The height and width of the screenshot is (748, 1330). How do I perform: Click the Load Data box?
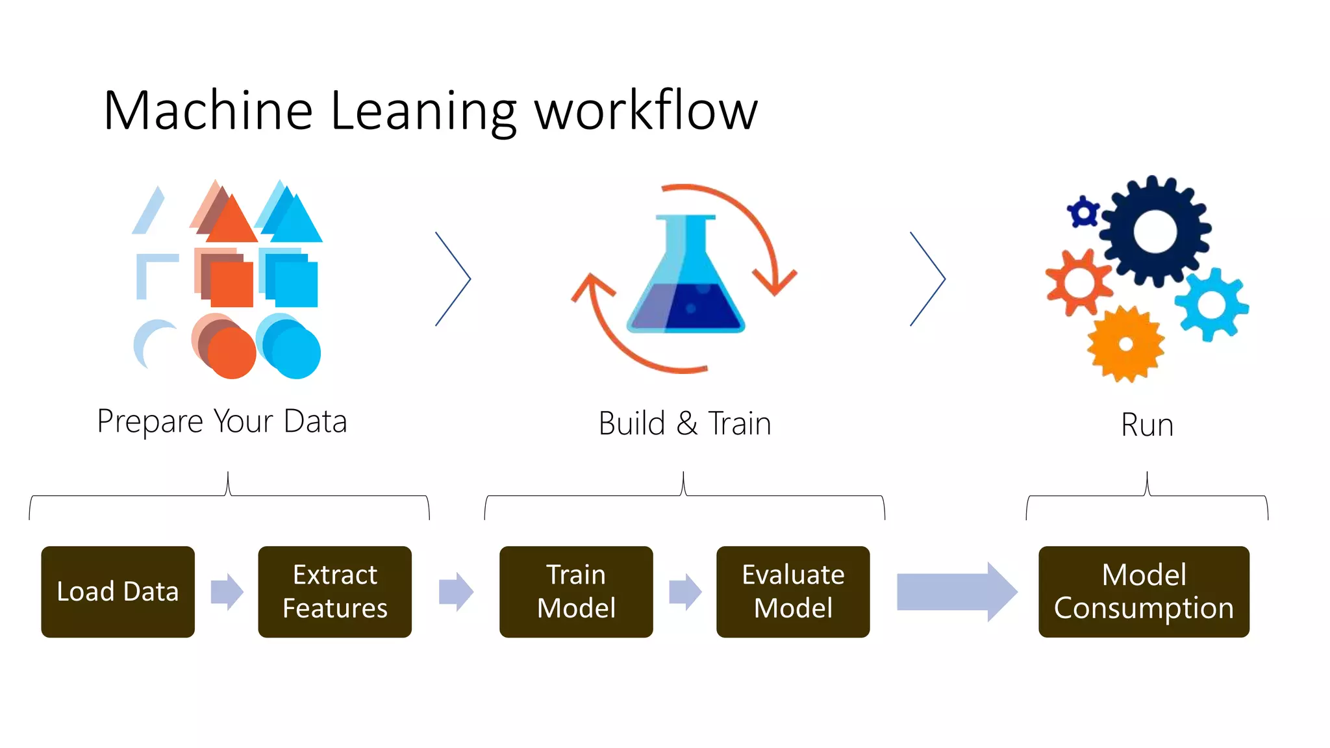pyautogui.click(x=118, y=592)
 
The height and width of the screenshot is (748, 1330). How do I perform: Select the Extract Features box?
pyautogui.click(x=334, y=592)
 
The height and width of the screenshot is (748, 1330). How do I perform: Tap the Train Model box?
pyautogui.click(x=576, y=592)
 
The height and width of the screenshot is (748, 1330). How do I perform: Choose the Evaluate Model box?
pyautogui.click(x=793, y=592)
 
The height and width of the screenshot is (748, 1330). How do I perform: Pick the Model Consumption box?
pyautogui.click(x=1144, y=592)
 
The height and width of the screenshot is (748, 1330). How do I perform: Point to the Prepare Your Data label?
pyautogui.click(x=222, y=421)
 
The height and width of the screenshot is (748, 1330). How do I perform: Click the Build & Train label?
pyautogui.click(x=684, y=424)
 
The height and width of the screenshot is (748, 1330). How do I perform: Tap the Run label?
pyautogui.click(x=1147, y=425)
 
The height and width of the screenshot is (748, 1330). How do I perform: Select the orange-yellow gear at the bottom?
pyautogui.click(x=1125, y=345)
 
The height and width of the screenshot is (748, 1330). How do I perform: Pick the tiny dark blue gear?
pyautogui.click(x=1083, y=212)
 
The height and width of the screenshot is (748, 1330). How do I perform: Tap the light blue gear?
pyautogui.click(x=1211, y=305)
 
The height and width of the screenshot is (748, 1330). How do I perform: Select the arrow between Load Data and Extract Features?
pyautogui.click(x=227, y=592)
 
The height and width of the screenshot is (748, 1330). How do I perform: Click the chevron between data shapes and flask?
pyautogui.click(x=453, y=279)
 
